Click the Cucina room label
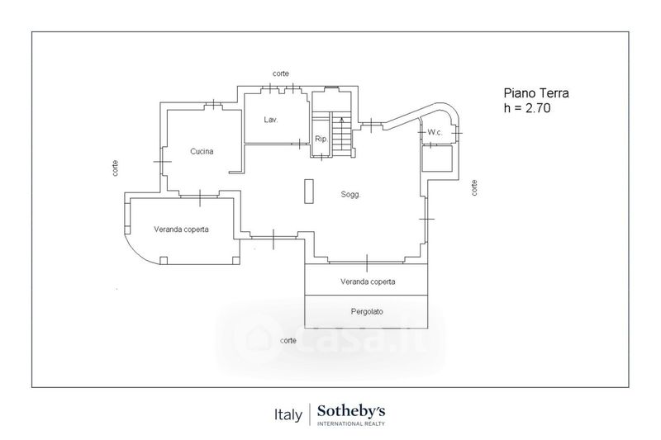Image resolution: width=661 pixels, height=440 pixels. pyautogui.click(x=202, y=151)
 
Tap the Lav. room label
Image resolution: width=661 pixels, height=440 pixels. pyautogui.click(x=270, y=120)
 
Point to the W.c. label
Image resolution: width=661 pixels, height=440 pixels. pyautogui.click(x=436, y=132)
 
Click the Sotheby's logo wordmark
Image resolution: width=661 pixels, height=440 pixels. pyautogui.click(x=351, y=409)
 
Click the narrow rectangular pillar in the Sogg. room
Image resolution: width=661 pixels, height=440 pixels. pyautogui.click(x=309, y=192)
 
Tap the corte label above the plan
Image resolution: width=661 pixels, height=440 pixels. pyautogui.click(x=280, y=74)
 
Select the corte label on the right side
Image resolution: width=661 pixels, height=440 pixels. pyautogui.click(x=474, y=187)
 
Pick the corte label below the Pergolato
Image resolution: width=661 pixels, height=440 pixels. pyautogui.click(x=288, y=340)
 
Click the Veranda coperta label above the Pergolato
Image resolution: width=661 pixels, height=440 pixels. pyautogui.click(x=368, y=282)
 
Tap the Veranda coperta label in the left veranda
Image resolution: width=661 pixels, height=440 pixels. pyautogui.click(x=180, y=229)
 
